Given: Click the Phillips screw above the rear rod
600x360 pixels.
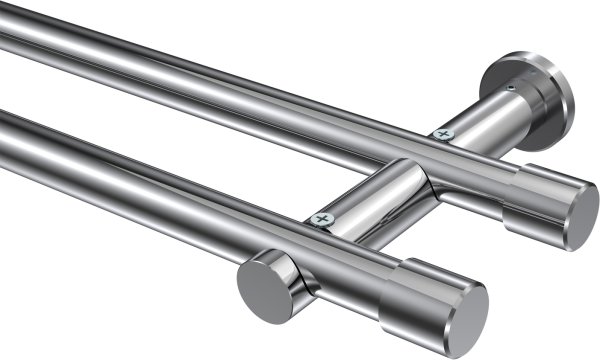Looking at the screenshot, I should pos(441,132).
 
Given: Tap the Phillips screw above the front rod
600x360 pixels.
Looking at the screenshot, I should pos(320,218).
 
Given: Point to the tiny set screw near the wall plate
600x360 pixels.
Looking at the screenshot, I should pos(510,88).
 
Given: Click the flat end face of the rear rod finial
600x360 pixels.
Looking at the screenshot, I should pos(579,215).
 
